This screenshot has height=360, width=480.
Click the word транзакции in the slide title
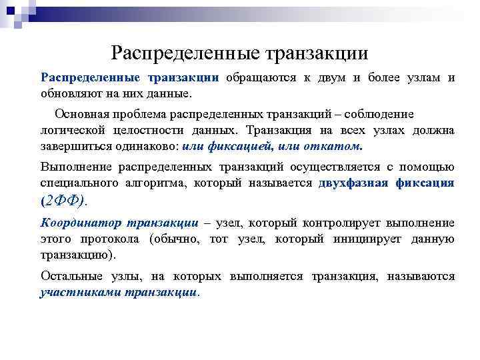point(316,51)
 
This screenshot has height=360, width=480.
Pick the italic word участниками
point(80,291)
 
